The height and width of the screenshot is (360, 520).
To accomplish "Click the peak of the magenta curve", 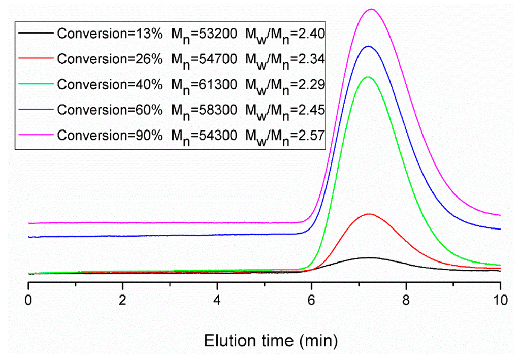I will (x=371, y=9).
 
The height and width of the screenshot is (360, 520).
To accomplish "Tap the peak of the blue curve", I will (x=368, y=46).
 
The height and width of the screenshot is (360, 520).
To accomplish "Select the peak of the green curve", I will (x=368, y=77).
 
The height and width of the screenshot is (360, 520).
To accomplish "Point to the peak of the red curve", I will (x=369, y=214).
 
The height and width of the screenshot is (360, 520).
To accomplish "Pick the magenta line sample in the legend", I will (x=36, y=135).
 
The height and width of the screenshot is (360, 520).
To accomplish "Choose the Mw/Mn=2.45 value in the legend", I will (x=285, y=111).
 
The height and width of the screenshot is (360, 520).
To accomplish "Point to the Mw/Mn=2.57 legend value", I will (x=285, y=136).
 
